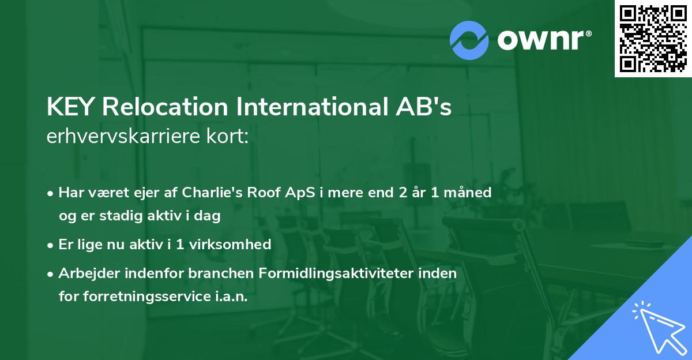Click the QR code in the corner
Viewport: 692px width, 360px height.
point(653,39)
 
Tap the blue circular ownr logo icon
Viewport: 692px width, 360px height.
point(470,40)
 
